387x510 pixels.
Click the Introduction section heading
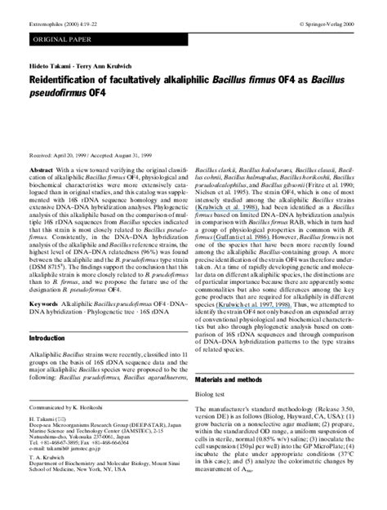[47, 337]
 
